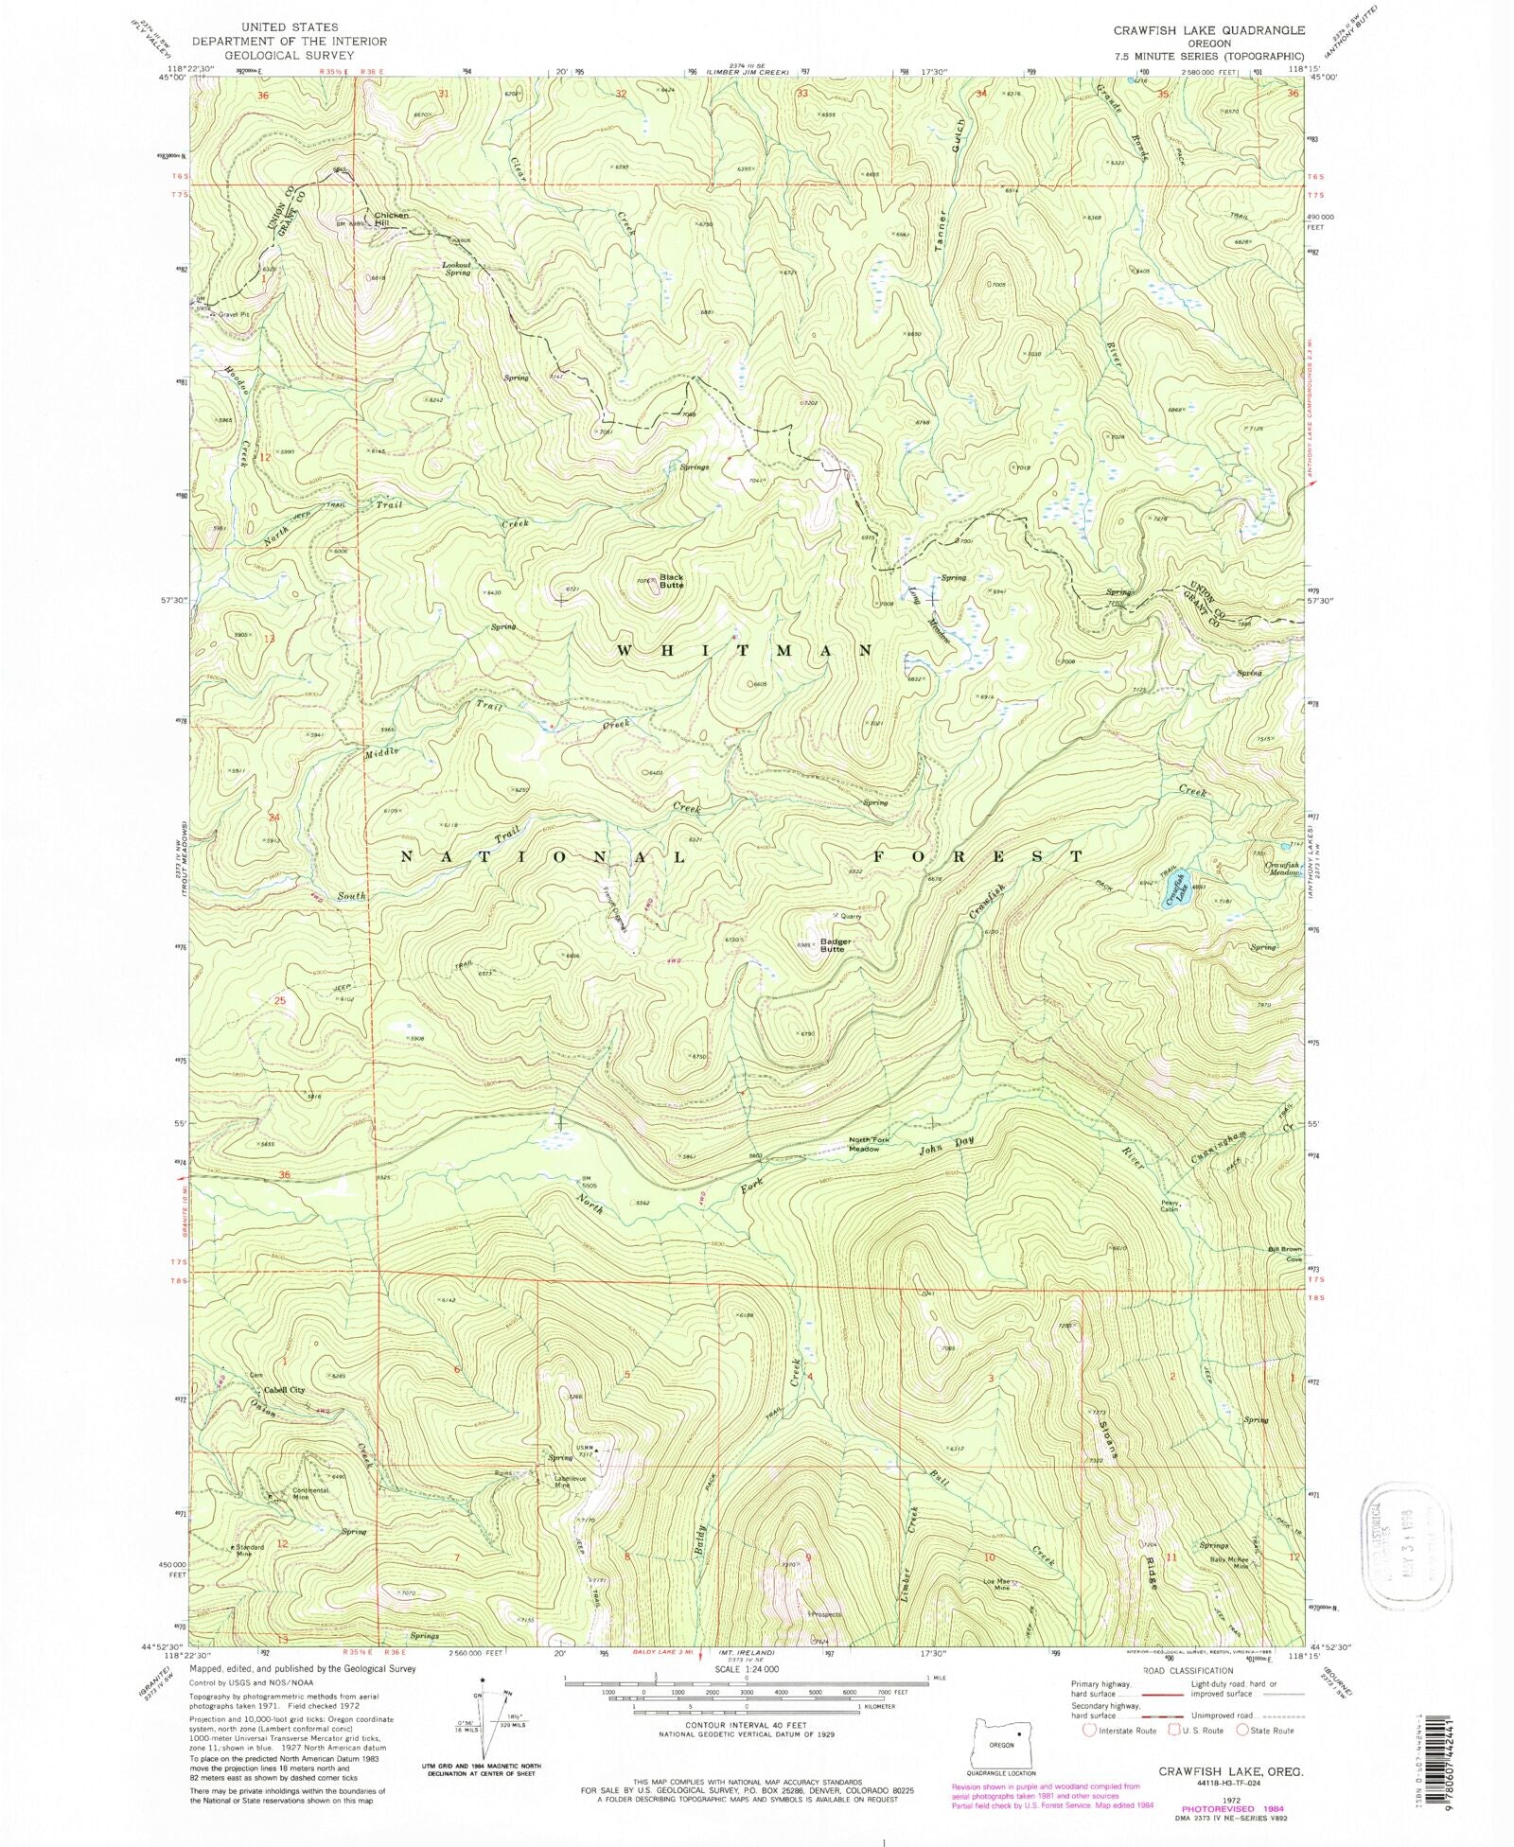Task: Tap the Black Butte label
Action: [671, 581]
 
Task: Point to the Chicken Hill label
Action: [392, 219]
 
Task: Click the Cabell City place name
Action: [284, 1390]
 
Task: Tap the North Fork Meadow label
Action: [870, 1145]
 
